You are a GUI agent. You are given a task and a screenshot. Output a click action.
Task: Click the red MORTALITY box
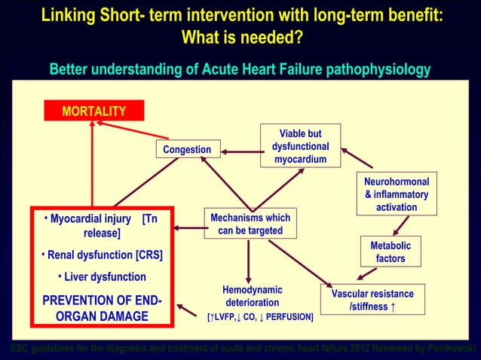pyautogui.click(x=93, y=111)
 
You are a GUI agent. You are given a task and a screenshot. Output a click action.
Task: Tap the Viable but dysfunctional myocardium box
pyautogui.click(x=300, y=146)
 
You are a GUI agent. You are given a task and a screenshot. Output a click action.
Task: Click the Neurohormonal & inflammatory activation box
pyautogui.click(x=396, y=194)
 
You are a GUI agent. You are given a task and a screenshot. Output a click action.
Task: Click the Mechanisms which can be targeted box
pyautogui.click(x=251, y=224)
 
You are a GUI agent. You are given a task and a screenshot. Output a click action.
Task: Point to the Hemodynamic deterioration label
pyautogui.click(x=252, y=296)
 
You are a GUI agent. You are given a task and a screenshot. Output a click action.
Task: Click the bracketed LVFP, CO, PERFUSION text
pyautogui.click(x=260, y=317)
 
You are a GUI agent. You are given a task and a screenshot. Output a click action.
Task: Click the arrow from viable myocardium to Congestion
pyautogui.click(x=240, y=151)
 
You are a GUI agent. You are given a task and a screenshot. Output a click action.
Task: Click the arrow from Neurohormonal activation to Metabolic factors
pyautogui.click(x=400, y=225)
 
